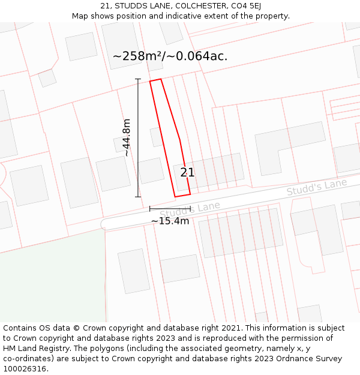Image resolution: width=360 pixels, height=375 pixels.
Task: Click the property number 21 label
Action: (187, 173)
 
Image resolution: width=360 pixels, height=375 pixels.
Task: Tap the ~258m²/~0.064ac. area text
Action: (170, 56)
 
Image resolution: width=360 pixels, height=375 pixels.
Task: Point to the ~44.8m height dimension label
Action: (127, 137)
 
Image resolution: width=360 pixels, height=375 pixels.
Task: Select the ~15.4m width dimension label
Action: (170, 221)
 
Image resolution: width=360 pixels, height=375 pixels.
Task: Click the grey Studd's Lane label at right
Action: (316, 187)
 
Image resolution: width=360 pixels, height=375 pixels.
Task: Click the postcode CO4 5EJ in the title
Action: (244, 6)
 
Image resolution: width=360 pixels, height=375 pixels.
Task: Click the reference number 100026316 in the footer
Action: (25, 369)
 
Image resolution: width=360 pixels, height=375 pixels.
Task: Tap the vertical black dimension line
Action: (138, 137)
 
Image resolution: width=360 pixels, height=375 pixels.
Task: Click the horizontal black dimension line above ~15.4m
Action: (170, 209)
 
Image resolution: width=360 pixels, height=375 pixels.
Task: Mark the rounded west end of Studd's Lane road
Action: (106, 224)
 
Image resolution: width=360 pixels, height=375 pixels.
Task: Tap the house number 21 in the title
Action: (104, 6)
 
